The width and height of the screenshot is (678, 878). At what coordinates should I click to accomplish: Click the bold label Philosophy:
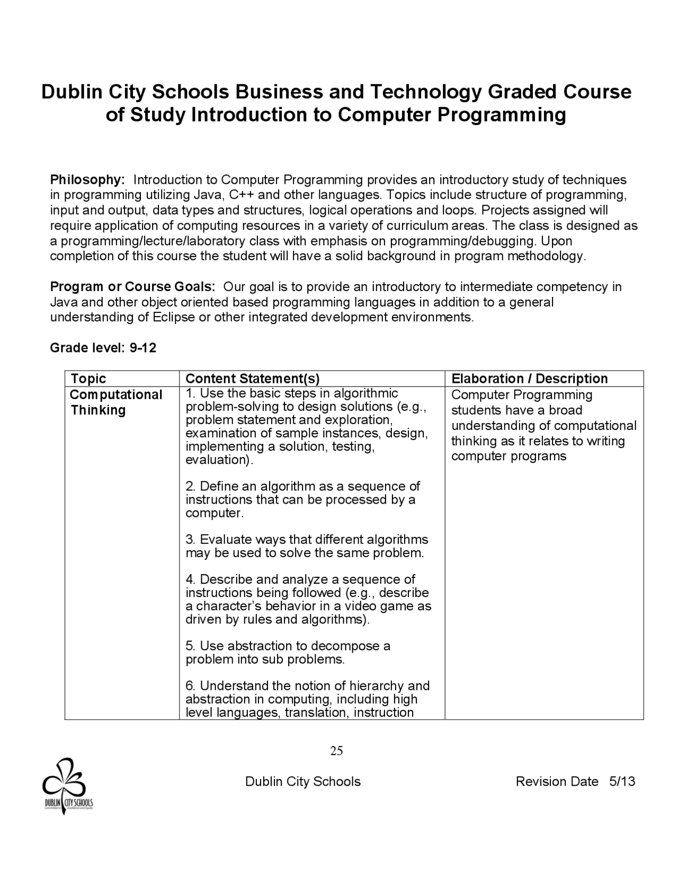pos(87,180)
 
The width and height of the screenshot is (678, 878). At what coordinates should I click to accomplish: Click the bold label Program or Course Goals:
pos(132,287)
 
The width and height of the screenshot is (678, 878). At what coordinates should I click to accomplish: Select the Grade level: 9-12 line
pos(103,348)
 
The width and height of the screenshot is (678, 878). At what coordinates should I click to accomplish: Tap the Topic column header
pos(88,379)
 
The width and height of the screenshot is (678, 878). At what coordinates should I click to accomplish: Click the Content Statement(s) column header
pos(253,379)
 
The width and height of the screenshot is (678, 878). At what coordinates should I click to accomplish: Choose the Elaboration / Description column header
pos(529,379)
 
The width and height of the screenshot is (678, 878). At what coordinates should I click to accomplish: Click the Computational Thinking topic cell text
pos(116,402)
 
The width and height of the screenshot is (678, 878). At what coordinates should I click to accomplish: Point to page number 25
pos(336,751)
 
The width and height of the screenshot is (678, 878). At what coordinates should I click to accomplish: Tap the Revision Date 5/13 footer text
pos(575,782)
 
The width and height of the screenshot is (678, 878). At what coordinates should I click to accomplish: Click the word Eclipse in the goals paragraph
pos(173,318)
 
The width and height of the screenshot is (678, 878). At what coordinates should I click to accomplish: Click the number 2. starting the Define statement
pos(191,487)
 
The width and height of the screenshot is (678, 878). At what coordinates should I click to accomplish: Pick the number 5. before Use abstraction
pos(191,646)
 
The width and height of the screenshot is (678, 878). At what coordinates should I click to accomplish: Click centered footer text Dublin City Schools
pos(302,782)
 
